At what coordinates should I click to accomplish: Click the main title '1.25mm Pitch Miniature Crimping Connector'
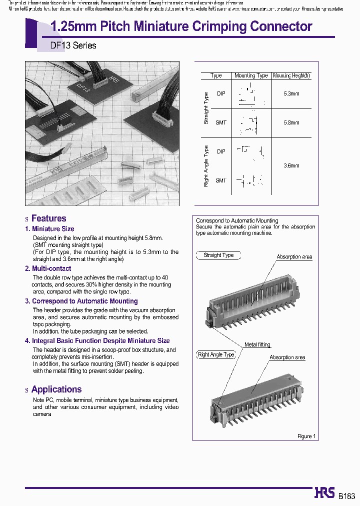click(181, 26)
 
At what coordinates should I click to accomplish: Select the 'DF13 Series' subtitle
click(73, 45)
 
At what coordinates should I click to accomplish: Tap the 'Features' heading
click(48, 218)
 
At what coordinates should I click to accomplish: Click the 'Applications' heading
click(56, 389)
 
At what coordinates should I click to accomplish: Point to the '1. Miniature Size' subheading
click(49, 229)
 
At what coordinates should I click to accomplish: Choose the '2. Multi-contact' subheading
click(48, 268)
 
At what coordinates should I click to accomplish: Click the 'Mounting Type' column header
click(251, 75)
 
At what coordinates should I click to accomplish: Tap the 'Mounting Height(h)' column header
click(291, 75)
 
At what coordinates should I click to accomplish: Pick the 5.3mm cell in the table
click(291, 93)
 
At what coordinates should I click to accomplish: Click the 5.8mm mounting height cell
click(291, 122)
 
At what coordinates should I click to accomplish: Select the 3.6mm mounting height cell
click(291, 165)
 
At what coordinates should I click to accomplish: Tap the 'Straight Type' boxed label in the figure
click(218, 255)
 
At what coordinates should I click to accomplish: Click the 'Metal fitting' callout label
click(257, 345)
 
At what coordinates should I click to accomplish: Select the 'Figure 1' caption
click(306, 436)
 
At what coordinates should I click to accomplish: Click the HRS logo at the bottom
click(324, 493)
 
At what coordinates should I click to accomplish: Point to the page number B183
click(346, 496)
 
